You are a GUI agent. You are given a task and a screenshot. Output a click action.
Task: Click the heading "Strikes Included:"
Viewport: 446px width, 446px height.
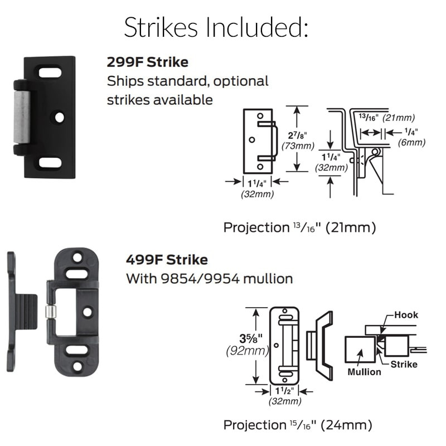(216, 27)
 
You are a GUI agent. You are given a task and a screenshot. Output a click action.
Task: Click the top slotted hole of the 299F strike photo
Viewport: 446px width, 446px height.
(50, 72)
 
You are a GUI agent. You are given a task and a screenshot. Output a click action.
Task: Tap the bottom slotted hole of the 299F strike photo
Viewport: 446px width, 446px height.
(50, 162)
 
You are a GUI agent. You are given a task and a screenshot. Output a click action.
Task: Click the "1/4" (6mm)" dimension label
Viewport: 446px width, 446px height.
(412, 137)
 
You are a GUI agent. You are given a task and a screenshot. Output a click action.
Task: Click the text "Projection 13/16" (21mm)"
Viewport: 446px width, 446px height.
(299, 227)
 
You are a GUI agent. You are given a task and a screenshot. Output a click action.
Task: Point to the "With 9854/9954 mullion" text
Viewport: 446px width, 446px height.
(209, 278)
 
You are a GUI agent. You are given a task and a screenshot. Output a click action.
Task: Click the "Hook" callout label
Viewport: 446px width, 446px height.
(405, 315)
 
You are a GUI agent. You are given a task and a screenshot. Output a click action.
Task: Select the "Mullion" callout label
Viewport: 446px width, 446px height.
(365, 371)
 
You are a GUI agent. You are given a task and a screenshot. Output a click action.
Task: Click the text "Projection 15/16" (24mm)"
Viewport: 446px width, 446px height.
(297, 425)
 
